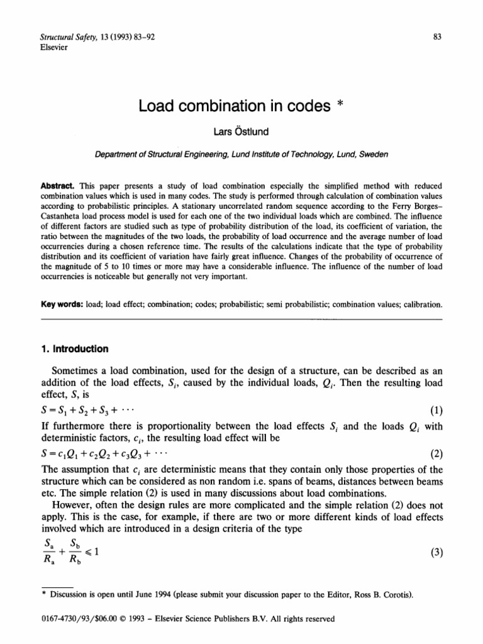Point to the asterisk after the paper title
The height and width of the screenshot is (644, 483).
tap(338, 104)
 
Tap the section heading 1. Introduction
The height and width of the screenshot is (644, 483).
tap(73, 349)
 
